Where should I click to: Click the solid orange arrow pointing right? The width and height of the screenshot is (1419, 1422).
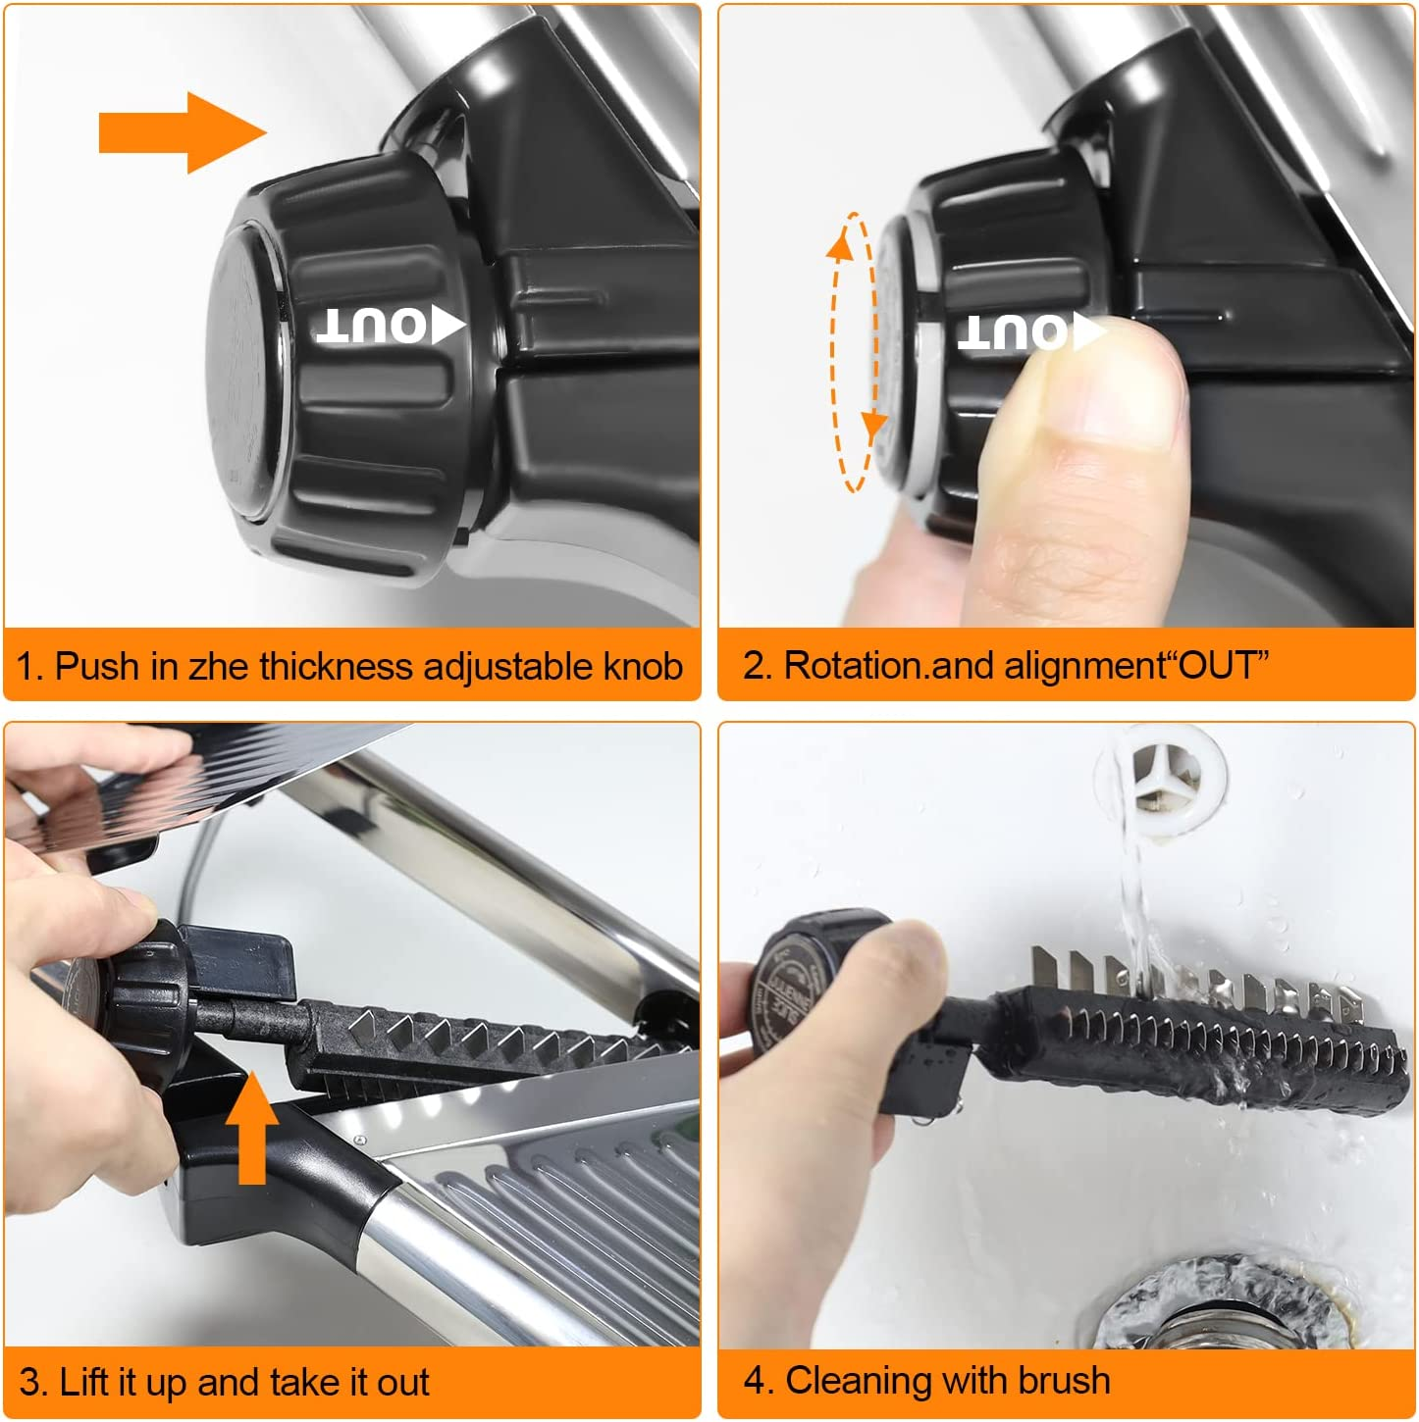click(182, 132)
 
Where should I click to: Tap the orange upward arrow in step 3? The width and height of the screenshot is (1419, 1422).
click(252, 1128)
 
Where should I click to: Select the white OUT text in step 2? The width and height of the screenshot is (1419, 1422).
click(1013, 331)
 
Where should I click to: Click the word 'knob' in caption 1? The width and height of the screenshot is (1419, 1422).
click(643, 667)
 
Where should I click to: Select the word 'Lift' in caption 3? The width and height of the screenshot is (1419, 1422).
click(83, 1383)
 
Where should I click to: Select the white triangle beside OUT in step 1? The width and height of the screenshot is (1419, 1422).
click(447, 326)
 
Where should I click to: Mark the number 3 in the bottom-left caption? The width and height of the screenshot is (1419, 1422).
click(29, 1383)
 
